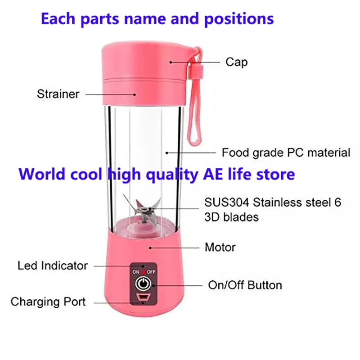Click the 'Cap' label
[x=236, y=62]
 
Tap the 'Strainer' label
[x=58, y=94]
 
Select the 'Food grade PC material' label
[x=286, y=153]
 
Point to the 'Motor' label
[x=220, y=247]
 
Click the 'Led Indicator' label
[x=53, y=265]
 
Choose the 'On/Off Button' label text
[x=245, y=285]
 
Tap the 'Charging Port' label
[x=48, y=301]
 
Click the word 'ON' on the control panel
[x=136, y=272]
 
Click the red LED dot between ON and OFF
[x=144, y=272]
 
